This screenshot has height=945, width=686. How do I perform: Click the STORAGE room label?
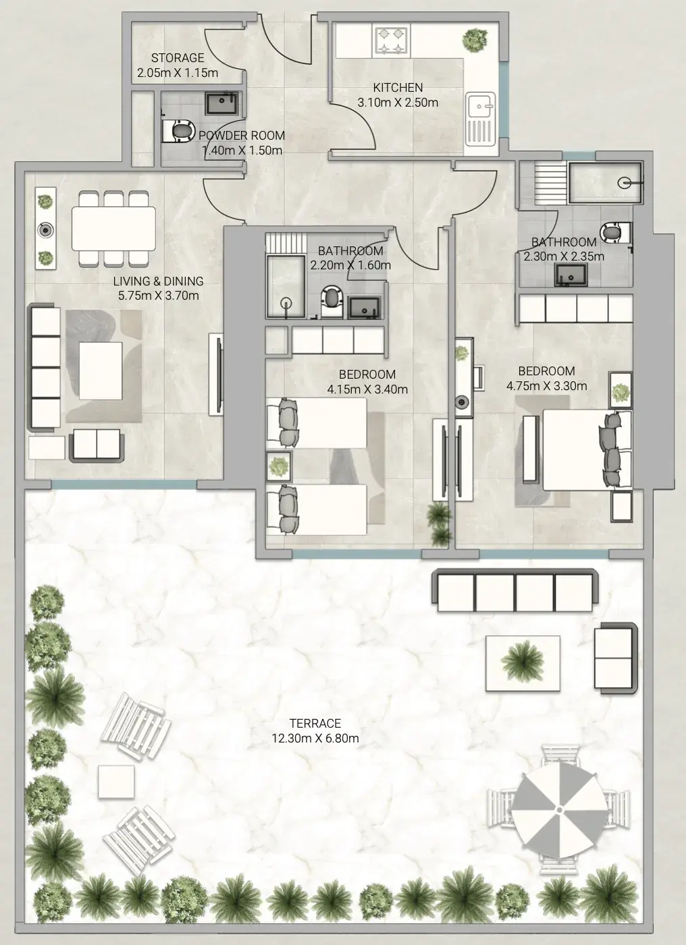click(178, 58)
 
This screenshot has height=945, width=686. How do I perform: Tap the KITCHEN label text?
click(398, 88)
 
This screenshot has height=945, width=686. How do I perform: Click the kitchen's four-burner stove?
click(391, 40)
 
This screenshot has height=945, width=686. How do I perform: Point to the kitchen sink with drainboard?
click(481, 119)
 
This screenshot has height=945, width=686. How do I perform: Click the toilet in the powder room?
click(178, 131)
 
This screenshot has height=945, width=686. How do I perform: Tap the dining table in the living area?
click(113, 229)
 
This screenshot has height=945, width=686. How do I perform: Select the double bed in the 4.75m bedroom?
click(587, 450)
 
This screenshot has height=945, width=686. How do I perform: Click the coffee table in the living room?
click(101, 371)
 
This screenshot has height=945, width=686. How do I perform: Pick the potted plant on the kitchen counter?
click(475, 40)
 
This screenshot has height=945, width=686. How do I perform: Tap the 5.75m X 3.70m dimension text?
click(158, 296)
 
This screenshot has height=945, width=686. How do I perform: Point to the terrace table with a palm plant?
click(523, 663)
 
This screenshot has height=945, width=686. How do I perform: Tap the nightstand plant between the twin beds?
click(278, 466)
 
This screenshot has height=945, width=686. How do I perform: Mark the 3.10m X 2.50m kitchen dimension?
click(398, 103)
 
